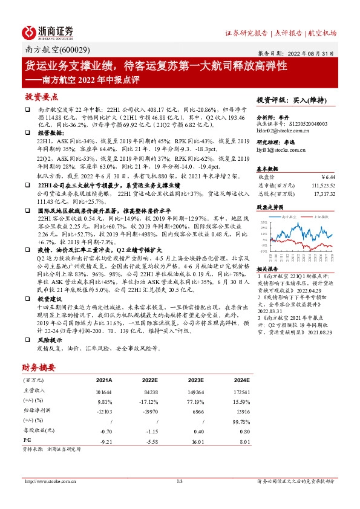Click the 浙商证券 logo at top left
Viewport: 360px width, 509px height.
pyautogui.click(x=48, y=32)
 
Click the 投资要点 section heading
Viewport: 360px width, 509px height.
pyautogui.click(x=42, y=97)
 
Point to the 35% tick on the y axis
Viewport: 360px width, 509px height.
pyautogui.click(x=264, y=222)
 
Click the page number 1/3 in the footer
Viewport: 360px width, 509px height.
pyautogui.click(x=179, y=481)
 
